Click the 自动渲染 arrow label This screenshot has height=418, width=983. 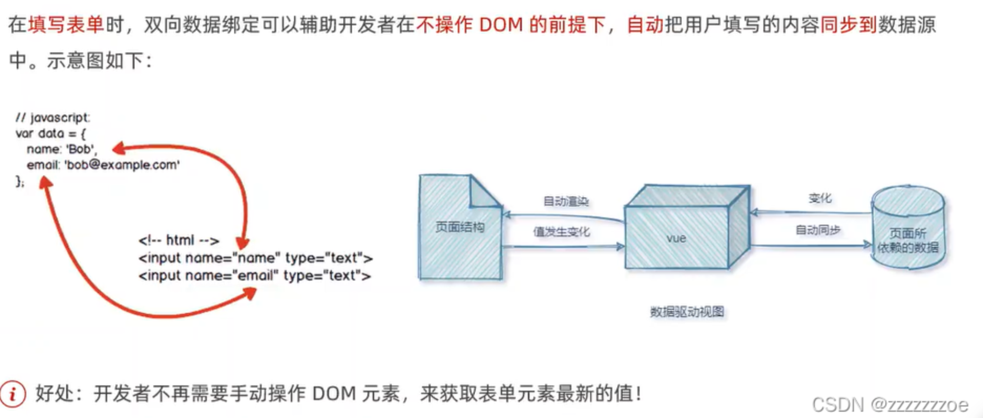[566, 201]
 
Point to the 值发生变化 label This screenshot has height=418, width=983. [561, 232]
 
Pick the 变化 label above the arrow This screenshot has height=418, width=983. [820, 198]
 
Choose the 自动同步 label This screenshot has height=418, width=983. [818, 229]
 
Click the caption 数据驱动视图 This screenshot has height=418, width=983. [687, 311]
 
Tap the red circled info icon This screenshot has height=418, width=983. [13, 393]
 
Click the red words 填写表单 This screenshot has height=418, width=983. [66, 25]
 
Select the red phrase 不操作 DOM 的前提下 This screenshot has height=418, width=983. [510, 25]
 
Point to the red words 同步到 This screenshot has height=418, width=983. [848, 25]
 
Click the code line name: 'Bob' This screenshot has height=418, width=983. [61, 149]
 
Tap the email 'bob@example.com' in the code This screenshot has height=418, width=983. [122, 165]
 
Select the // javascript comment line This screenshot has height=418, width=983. [53, 118]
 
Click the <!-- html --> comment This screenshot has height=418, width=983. [179, 241]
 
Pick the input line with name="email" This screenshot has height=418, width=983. [255, 275]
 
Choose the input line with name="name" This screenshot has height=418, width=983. [255, 258]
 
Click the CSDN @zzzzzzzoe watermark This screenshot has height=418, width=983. [890, 405]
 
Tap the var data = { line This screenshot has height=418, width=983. [50, 133]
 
